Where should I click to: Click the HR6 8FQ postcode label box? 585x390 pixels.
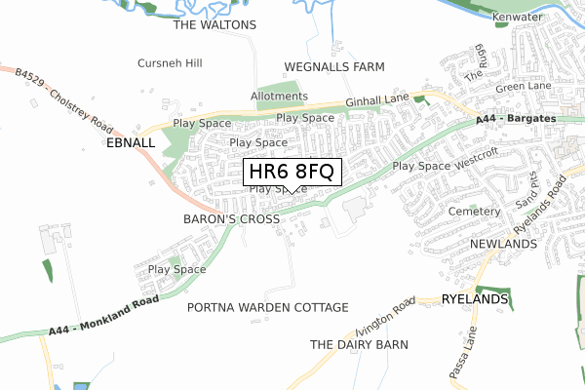[292, 172]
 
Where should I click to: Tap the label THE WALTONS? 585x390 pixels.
[214, 24]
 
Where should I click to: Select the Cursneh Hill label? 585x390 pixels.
[170, 63]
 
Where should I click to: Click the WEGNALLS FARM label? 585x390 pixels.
[334, 67]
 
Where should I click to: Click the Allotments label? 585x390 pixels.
[279, 97]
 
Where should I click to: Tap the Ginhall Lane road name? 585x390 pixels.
[378, 101]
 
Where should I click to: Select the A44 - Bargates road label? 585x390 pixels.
[517, 118]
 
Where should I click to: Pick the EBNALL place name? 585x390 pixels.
[131, 142]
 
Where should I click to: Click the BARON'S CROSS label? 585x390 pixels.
[231, 220]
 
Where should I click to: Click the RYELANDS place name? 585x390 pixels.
[475, 299]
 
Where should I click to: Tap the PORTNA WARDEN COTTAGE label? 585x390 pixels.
[267, 308]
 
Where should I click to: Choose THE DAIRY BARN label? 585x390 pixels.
[359, 345]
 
